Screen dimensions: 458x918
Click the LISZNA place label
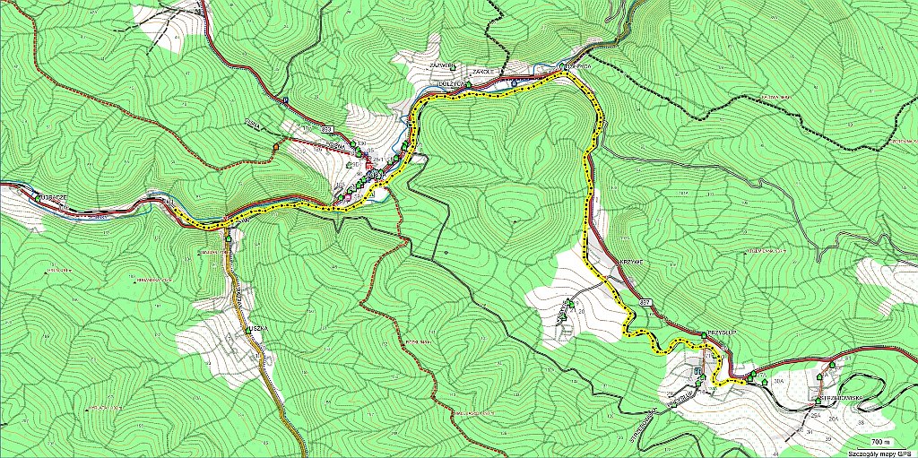pos(259,329)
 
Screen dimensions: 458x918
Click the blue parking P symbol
pos(286,100)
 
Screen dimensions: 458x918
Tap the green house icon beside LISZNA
pos(247,332)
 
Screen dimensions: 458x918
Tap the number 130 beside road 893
pos(359,143)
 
